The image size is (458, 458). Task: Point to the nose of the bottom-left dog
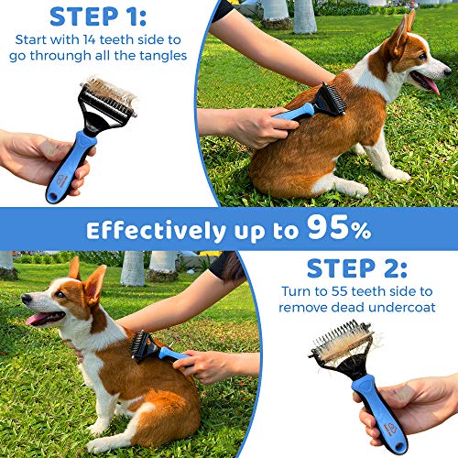(x=25, y=303)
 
